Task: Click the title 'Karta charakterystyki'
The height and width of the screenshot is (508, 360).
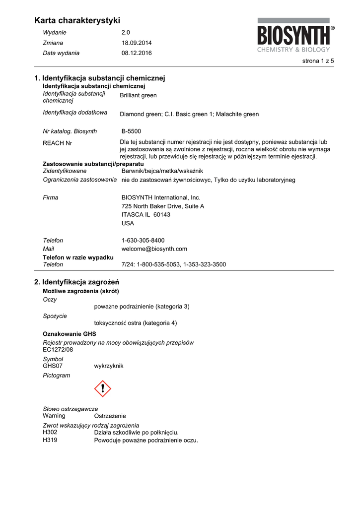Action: [77, 20]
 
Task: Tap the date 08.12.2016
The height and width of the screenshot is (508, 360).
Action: [137, 53]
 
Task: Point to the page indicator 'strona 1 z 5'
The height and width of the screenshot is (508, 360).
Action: [318, 61]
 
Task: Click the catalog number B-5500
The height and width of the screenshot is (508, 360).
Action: [131, 131]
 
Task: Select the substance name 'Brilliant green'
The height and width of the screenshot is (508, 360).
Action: [138, 95]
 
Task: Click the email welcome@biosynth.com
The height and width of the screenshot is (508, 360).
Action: [154, 249]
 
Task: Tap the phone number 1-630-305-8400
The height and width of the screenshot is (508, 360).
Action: [143, 240]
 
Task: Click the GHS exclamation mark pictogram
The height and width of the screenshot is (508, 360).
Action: [103, 388]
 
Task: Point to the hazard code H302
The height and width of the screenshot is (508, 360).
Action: [50, 432]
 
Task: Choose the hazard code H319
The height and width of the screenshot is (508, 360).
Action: [50, 440]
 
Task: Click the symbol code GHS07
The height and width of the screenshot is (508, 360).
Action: [53, 366]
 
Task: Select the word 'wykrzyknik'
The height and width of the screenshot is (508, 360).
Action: [109, 366]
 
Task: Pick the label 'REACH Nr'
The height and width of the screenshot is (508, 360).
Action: [58, 143]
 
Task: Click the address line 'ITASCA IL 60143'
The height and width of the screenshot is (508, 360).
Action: [145, 214]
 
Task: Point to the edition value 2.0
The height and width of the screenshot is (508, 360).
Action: [126, 32]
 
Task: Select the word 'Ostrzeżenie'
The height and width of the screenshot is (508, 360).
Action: [110, 416]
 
